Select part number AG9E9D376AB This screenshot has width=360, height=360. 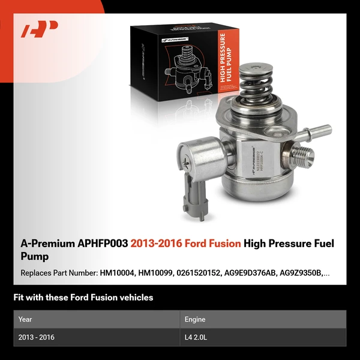tap(257, 273)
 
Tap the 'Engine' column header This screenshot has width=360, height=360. tap(196, 319)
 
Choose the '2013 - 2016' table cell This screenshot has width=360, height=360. tap(37, 338)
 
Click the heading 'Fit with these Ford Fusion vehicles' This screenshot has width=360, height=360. tap(83, 298)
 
